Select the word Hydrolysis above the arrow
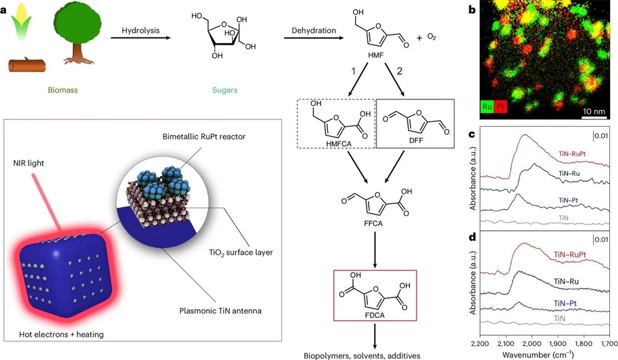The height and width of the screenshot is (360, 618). pos(139,30)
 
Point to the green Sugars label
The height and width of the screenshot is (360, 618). pos(221,87)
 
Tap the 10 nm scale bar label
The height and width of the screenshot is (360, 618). pos(593,108)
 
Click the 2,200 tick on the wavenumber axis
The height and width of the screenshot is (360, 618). pos(480,342)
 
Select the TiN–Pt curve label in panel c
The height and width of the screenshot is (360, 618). pos(563,201)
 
